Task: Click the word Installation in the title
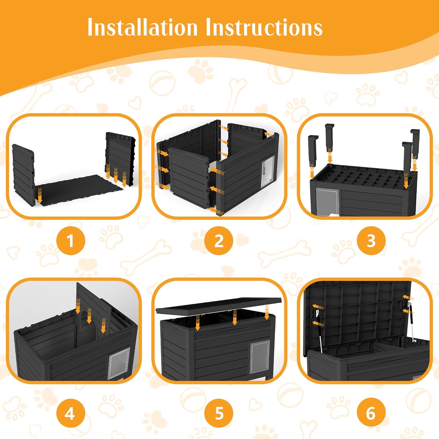[x=143, y=27]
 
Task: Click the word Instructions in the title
[x=264, y=27]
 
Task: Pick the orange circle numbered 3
[x=371, y=241]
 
